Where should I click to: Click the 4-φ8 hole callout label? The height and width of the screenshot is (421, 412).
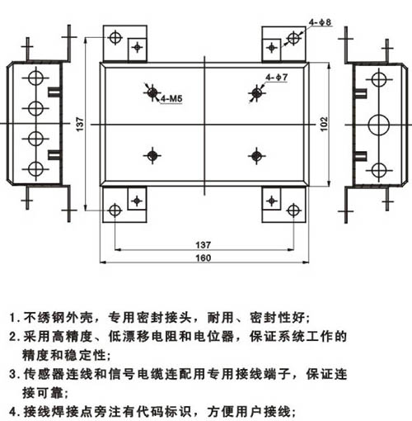tap(320, 22)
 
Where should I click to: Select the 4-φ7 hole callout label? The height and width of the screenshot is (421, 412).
tap(276, 78)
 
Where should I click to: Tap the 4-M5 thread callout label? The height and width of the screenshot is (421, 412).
tap(171, 98)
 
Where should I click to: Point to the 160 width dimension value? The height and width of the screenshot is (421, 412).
tap(204, 258)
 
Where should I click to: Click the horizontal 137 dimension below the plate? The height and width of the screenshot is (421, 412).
tap(204, 244)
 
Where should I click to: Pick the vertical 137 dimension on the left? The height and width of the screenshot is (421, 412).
tap(80, 125)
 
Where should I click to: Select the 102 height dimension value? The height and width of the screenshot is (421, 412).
tap(324, 125)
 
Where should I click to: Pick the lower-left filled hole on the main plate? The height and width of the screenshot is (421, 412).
tap(152, 156)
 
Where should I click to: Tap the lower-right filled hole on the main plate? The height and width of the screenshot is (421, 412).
tap(256, 156)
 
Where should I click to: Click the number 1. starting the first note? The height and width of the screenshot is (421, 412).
tap(15, 318)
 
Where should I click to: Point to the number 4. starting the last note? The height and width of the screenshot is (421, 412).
tap(15, 412)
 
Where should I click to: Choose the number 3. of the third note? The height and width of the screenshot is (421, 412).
tap(15, 375)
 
